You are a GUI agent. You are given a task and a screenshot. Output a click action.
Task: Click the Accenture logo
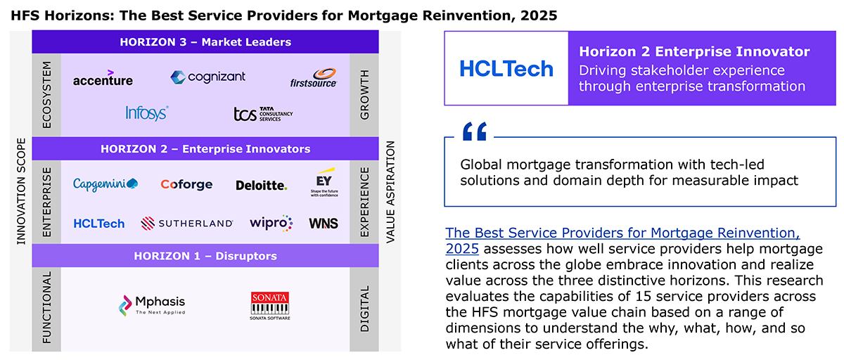point(103,78)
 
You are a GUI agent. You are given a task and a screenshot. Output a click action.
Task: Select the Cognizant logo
point(207,77)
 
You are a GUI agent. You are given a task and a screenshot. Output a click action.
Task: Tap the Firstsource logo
point(314,78)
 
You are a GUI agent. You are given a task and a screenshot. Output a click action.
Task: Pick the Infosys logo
point(146,113)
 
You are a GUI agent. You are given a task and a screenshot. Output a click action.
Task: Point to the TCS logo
point(263,114)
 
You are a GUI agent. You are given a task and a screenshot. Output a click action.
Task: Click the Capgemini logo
point(105,184)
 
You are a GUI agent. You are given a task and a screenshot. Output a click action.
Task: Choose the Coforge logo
point(186,184)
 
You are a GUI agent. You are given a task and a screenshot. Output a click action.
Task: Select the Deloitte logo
point(262,185)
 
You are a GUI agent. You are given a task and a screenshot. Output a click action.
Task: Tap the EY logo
point(324,182)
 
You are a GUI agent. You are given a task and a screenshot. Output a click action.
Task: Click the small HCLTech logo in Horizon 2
point(98,224)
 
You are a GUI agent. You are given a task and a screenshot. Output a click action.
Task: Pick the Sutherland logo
point(187,224)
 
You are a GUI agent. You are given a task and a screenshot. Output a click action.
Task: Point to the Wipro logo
point(271,223)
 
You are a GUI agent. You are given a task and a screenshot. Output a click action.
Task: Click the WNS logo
point(324,224)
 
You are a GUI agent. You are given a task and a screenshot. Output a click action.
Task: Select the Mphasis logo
point(152,305)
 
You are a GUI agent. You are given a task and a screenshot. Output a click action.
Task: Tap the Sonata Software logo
point(270,306)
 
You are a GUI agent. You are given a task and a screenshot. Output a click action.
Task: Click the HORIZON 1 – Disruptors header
point(205,256)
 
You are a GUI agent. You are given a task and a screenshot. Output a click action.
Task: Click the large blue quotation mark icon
point(475,131)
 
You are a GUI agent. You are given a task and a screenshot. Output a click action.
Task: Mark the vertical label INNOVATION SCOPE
point(21,191)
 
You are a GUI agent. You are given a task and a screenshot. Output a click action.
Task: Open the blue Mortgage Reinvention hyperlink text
point(622,240)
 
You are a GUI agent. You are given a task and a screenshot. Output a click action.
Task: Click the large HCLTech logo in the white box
point(506,69)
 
